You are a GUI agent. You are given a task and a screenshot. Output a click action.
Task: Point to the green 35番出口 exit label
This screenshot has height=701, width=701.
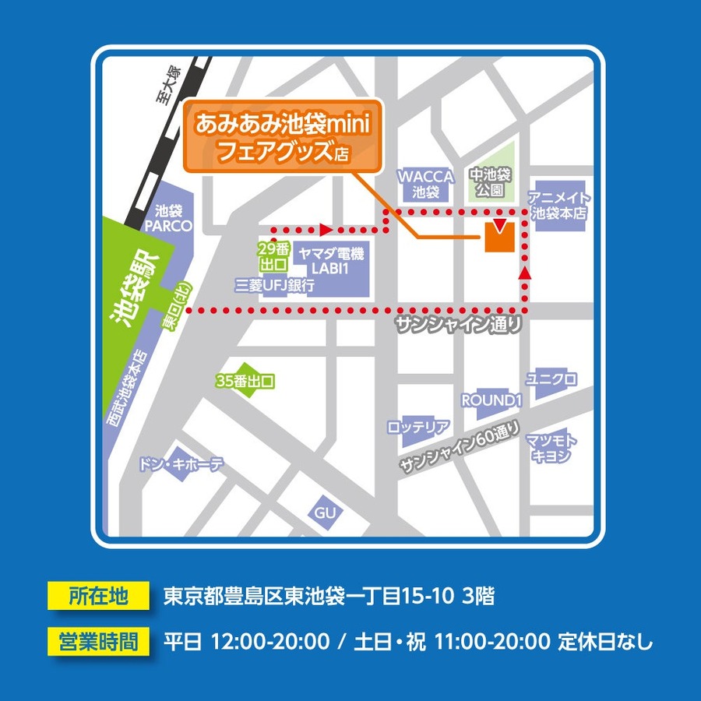coord(245,381)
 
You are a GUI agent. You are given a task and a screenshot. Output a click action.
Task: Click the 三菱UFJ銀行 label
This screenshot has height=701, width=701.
coord(275,286)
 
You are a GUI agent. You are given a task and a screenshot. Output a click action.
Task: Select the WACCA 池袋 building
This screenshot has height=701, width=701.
coord(426,184)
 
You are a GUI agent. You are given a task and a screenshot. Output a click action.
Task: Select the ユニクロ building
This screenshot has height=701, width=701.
coord(551,380)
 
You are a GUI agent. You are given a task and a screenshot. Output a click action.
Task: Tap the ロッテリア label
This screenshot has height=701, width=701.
coord(418,426)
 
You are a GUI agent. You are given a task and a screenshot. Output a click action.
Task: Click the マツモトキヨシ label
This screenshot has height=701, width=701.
coord(551,449)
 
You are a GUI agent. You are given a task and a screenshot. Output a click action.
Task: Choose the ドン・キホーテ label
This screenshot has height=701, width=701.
coord(181,465)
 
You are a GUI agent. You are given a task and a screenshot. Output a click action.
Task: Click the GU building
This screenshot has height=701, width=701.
coord(324,512)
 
